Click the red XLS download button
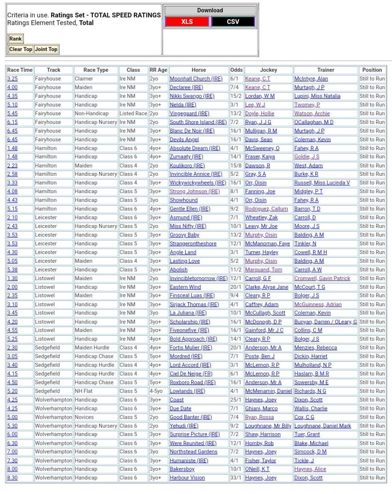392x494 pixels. coord(187,22)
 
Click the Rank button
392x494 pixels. coord(15,39)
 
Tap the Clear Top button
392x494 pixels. coord(21,49)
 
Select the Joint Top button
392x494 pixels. coord(46,49)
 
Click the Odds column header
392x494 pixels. coord(236,70)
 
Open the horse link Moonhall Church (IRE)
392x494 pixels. coord(196,79)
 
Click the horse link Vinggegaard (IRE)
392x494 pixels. coord(189,113)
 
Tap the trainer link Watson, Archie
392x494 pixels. coord(312,113)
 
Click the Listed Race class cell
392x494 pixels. coord(133,113)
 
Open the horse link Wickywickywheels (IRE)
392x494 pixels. coord(198,183)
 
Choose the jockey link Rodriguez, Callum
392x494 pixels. coord(266,209)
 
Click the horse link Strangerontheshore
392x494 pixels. coord(193,244)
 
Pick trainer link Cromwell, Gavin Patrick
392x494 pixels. coord(322,279)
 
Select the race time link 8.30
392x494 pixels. coord(12,478)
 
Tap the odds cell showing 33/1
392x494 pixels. coord(236,478)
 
